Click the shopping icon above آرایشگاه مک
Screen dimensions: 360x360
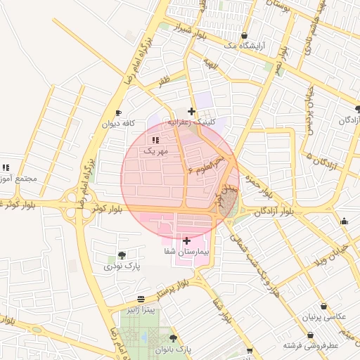coord(244,36)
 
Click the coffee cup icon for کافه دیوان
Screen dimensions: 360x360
coord(118,113)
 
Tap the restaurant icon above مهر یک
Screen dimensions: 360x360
coord(155,141)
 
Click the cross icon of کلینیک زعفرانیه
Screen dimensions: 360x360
coord(191,111)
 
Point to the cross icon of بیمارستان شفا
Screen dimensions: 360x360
coord(186,241)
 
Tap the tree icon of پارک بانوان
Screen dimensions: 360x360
coord(174,338)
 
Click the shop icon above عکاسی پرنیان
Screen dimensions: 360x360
coord(323,307)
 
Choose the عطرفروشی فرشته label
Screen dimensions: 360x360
coord(311,346)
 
